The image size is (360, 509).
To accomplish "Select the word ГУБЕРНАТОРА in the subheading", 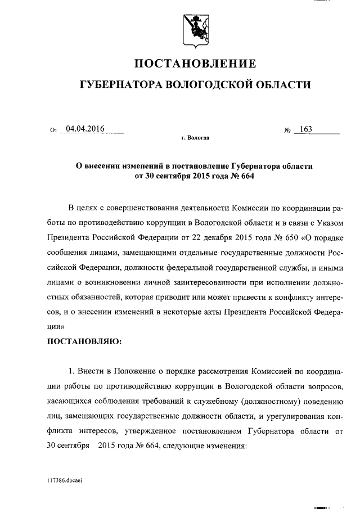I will tap(120, 84).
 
